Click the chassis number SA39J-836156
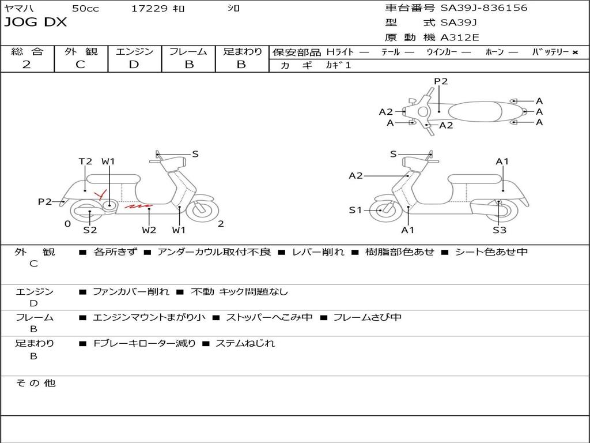(484, 8)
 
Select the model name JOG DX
(36, 22)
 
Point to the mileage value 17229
(149, 8)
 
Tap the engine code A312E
(460, 37)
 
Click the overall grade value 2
(27, 65)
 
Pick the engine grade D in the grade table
(134, 65)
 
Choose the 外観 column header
(81, 51)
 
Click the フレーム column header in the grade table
(188, 51)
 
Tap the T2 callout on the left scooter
(85, 162)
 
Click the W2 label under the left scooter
(149, 230)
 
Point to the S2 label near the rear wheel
(90, 230)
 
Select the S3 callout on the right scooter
(499, 230)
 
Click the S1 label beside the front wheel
(356, 211)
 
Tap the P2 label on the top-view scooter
(441, 81)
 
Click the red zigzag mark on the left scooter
(139, 205)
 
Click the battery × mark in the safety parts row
(574, 52)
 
